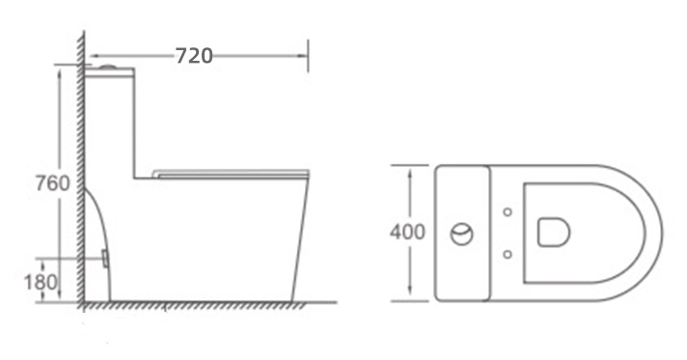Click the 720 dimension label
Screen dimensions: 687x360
[x=194, y=56]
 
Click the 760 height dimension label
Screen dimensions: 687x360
[x=52, y=183]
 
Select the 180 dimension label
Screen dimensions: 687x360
[x=41, y=282]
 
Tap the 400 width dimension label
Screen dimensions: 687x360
[x=407, y=232]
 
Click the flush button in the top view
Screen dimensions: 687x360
[x=462, y=234]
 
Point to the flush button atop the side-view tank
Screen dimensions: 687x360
[x=108, y=68]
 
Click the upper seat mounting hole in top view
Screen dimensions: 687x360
[x=508, y=212]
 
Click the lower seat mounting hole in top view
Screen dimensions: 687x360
[x=508, y=254]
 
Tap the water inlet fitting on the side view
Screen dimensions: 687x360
[x=105, y=259]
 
